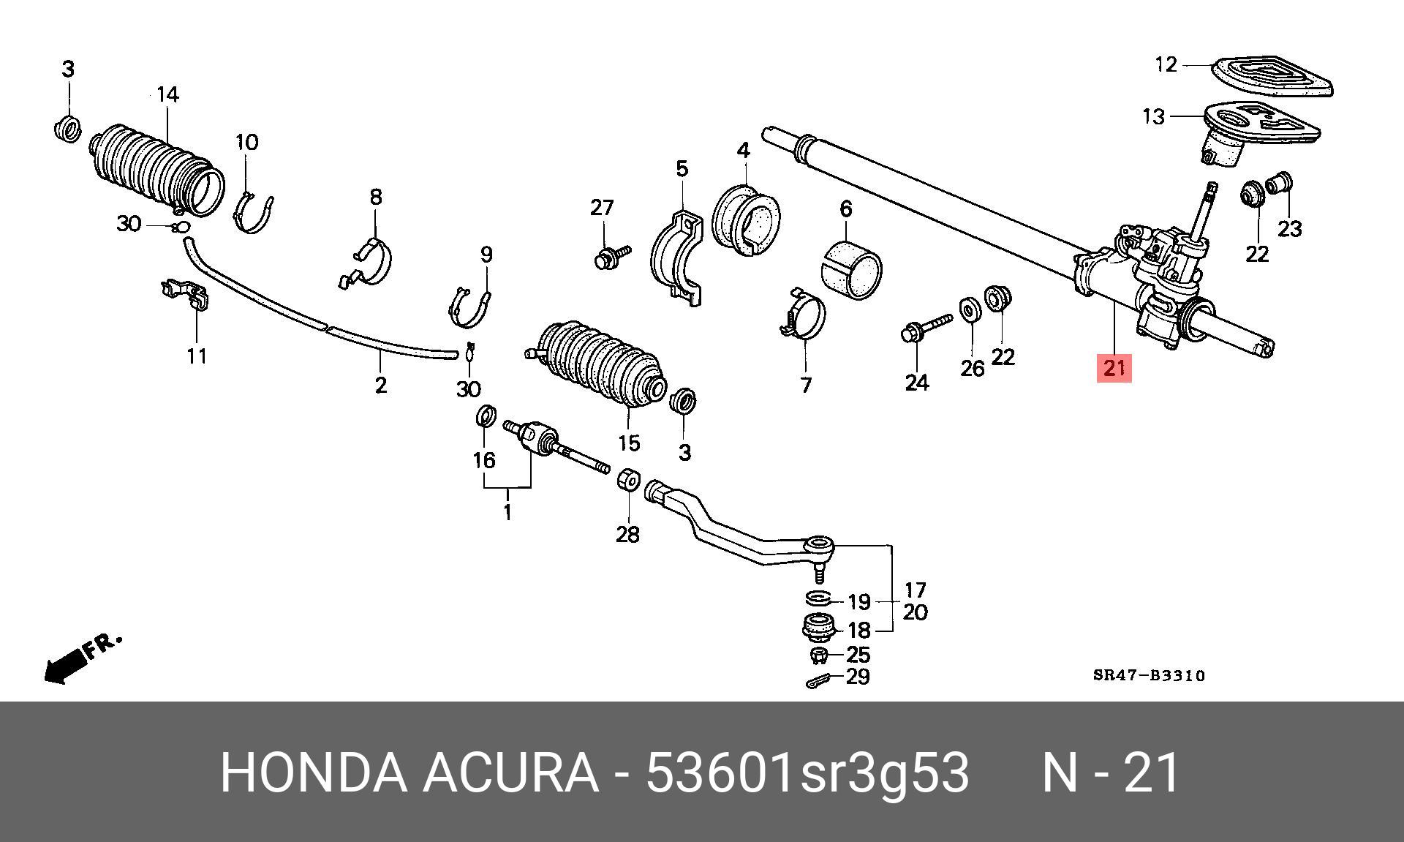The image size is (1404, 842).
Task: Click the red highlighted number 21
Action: click(1113, 367)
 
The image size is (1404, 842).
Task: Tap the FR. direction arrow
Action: click(77, 659)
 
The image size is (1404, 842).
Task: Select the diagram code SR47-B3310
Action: click(1148, 676)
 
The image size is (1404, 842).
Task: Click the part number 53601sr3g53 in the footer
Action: click(807, 773)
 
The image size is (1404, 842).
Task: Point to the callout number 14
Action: click(167, 95)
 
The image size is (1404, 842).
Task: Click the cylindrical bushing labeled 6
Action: click(852, 270)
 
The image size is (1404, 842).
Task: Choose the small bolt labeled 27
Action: click(611, 255)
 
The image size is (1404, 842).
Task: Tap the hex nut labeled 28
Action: click(628, 480)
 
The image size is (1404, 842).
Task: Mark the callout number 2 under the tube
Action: click(380, 385)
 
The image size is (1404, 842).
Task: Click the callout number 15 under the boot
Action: click(629, 443)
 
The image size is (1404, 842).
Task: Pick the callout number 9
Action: click(486, 255)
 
